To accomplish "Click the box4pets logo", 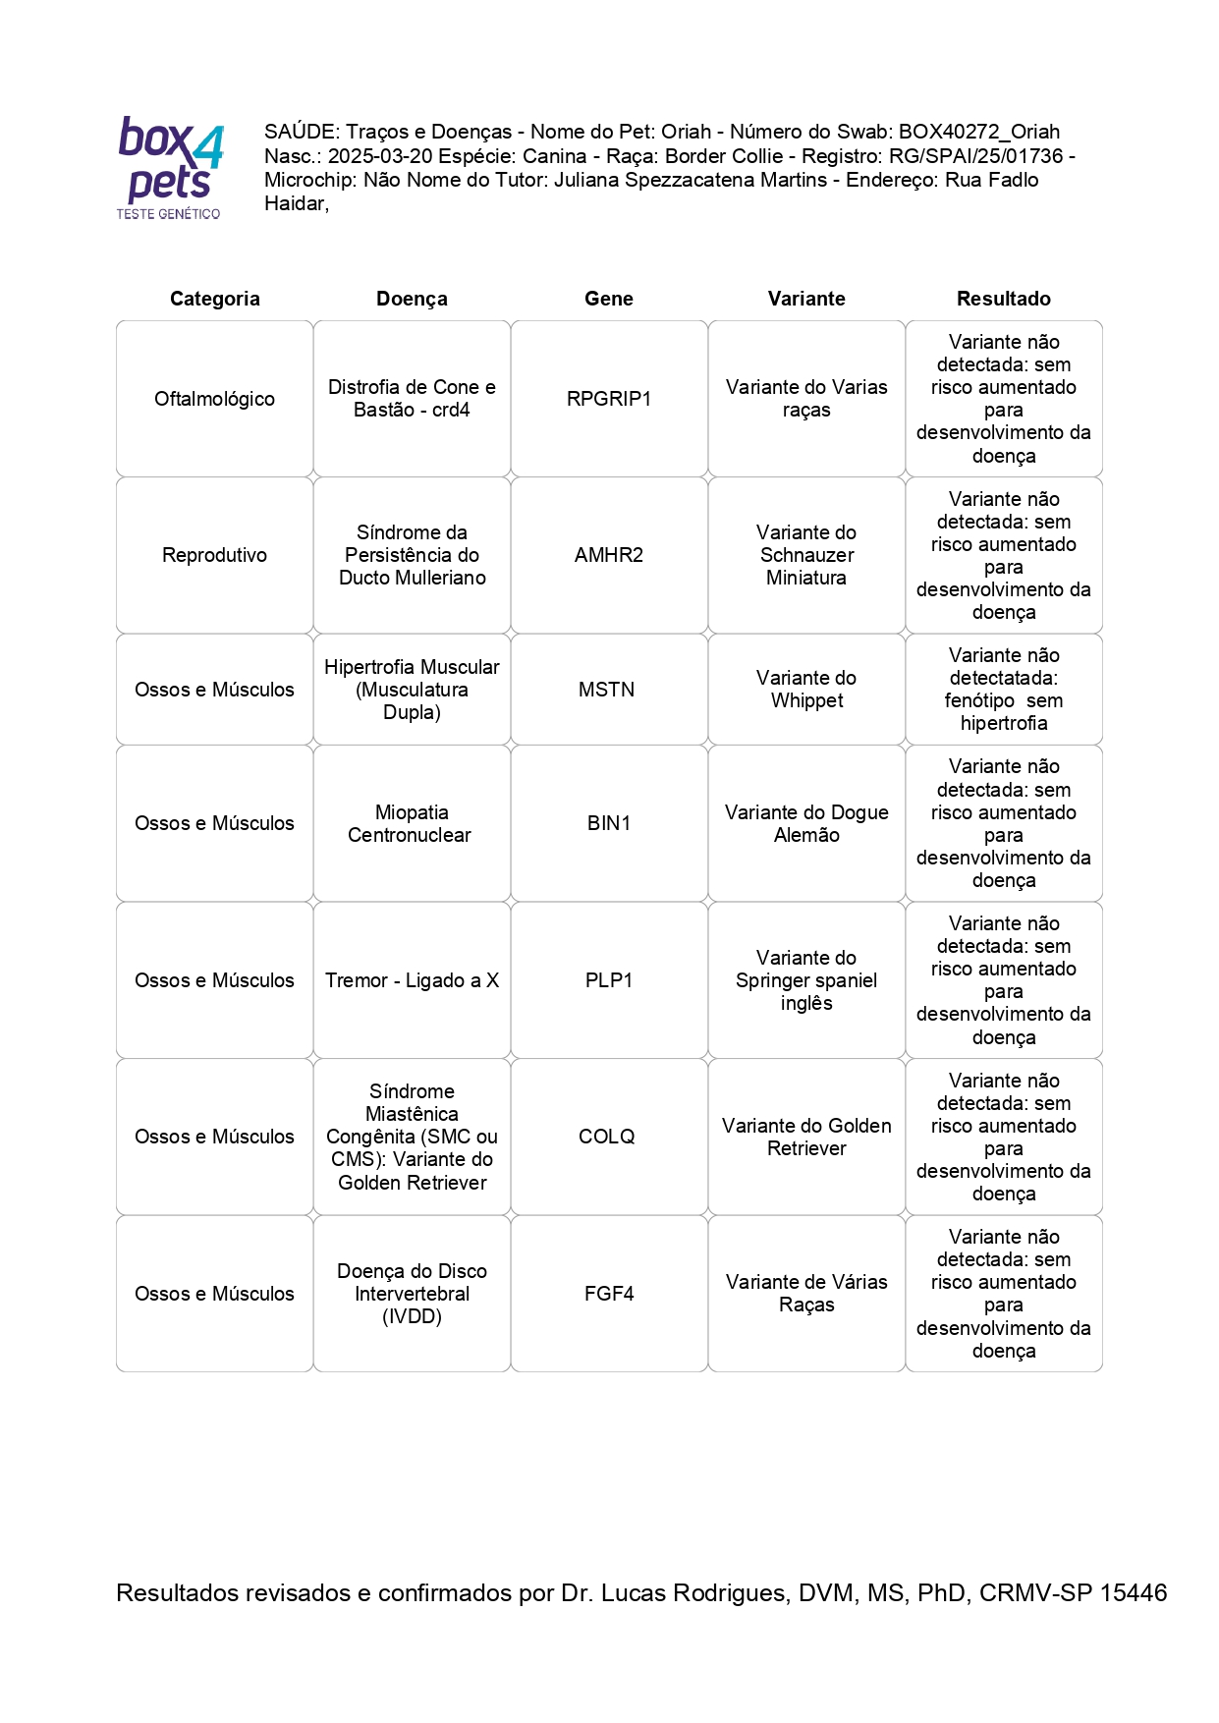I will point(170,167).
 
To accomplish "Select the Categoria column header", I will point(214,299).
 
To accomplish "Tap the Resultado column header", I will point(1003,299).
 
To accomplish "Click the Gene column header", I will point(608,299).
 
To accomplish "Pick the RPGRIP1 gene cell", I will point(608,399).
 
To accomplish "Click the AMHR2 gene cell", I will point(608,555).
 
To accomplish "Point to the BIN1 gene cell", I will point(608,823).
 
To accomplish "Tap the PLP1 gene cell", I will point(608,980).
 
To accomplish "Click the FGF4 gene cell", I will point(608,1294).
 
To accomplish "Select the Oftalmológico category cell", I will point(214,399).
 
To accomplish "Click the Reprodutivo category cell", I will point(214,555).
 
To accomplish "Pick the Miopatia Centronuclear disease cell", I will point(411,823).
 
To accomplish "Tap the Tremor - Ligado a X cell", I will point(412,980).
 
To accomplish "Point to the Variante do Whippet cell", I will point(806,690).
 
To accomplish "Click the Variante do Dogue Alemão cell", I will point(806,823).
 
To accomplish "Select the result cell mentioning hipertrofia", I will point(1003,690).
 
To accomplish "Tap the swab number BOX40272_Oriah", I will point(978,132).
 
